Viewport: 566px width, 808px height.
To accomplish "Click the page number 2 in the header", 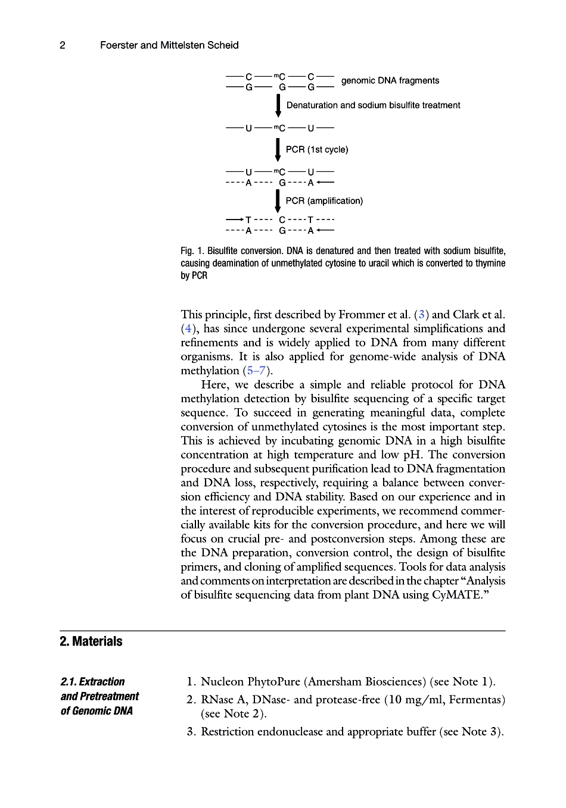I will [x=63, y=45].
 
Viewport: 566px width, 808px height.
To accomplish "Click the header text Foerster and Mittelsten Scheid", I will [x=169, y=45].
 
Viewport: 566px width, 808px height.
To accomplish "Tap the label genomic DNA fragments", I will [x=390, y=81].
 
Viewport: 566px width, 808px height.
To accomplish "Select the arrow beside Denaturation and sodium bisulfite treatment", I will [x=278, y=105].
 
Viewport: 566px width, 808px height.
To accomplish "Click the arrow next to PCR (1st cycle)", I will [x=278, y=149].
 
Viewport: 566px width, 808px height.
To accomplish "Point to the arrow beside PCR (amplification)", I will [x=278, y=201].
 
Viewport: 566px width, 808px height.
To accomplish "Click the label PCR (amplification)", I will [x=324, y=201].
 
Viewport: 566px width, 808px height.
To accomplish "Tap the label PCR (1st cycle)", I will [x=316, y=150].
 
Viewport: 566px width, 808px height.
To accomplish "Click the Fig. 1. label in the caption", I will [x=192, y=251].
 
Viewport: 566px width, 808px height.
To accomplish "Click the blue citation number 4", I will [x=187, y=329].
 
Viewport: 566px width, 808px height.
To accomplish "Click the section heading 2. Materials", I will [x=91, y=641].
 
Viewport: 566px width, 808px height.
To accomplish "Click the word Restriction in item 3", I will [x=227, y=732].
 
